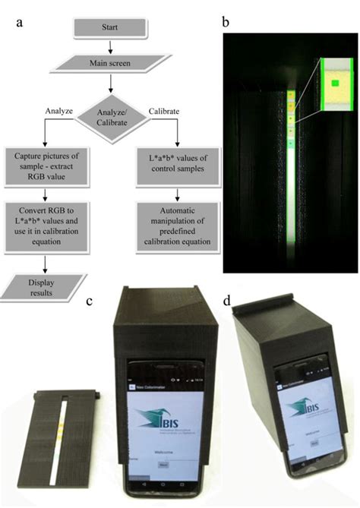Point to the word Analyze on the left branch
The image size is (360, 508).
click(x=57, y=111)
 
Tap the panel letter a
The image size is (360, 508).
click(x=21, y=24)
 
